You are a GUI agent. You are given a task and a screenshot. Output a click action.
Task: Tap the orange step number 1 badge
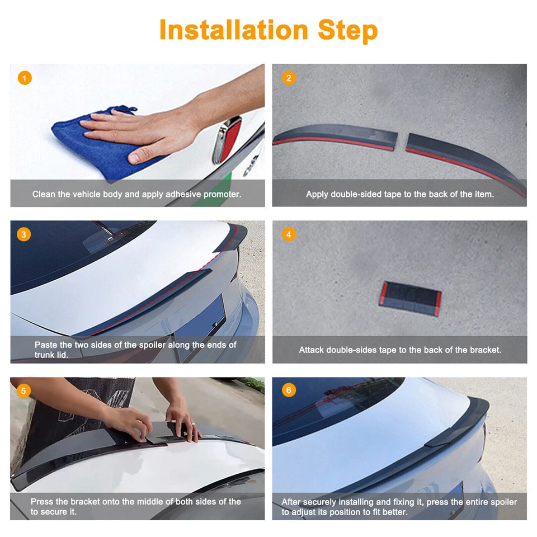click(25, 78)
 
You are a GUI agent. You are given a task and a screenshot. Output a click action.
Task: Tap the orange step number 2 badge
click(288, 78)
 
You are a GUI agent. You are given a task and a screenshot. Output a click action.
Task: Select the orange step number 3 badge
click(23, 234)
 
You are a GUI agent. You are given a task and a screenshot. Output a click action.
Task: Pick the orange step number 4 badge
click(288, 234)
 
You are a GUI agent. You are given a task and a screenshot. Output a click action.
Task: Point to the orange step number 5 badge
click(23, 390)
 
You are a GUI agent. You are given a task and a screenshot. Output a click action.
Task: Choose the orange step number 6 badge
click(288, 390)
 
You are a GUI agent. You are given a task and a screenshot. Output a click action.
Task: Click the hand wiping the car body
click(145, 129)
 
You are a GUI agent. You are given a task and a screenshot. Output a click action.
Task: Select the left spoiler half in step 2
click(336, 136)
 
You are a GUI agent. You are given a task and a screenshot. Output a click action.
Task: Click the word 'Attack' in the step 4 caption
click(311, 350)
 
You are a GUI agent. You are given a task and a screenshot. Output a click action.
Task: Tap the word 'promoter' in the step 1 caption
click(222, 195)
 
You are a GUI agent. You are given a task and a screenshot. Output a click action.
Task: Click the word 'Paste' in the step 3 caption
click(45, 345)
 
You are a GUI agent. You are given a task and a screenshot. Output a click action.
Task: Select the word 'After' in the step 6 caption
click(291, 502)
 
